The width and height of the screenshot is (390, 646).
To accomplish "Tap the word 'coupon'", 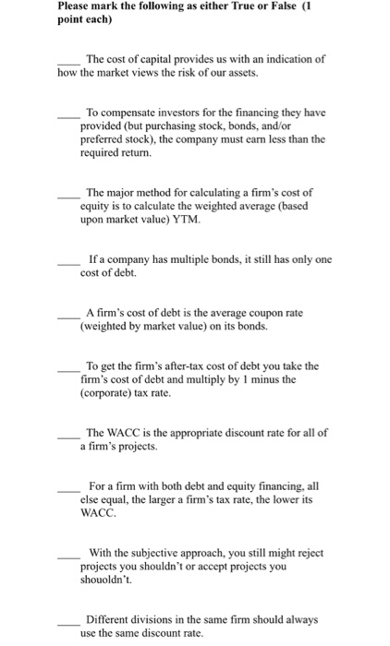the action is point(247,313).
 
